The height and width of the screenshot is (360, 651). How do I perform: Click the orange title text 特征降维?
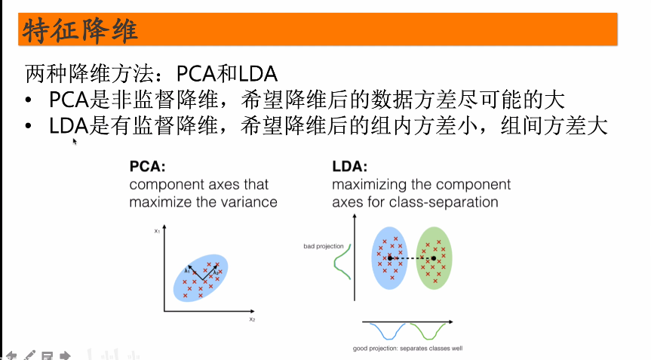coord(79,31)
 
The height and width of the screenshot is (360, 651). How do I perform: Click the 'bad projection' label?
coord(323,246)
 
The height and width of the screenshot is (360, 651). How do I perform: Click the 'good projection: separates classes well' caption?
coord(407,349)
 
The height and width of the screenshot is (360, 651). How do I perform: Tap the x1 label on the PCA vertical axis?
coord(157,231)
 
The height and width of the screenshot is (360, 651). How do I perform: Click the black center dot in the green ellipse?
coord(434,259)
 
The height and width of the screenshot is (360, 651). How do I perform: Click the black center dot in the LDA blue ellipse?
coord(390,259)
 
